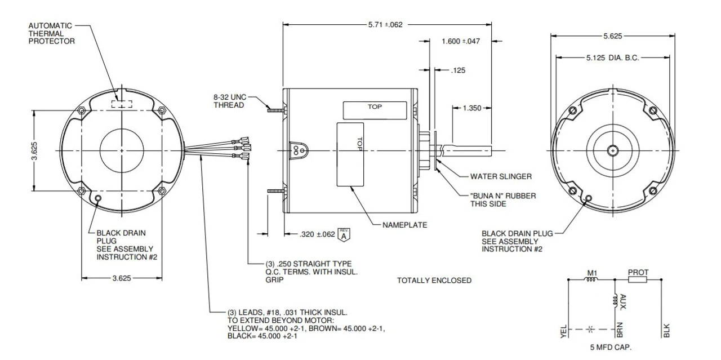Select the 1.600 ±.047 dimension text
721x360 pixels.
coord(461,41)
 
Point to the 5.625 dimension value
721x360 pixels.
coord(613,36)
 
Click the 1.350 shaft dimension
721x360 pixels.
coord(471,108)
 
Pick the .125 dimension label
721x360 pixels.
coord(459,70)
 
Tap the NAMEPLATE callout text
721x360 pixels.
coord(404,225)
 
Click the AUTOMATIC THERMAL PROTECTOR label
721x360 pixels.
coord(50,33)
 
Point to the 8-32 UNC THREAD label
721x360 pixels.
coord(225,101)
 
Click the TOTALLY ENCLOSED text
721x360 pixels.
coord(434,281)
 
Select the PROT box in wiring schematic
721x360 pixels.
coord(638,279)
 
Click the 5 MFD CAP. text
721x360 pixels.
coord(611,348)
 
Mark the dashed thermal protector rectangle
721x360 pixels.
coord(122,104)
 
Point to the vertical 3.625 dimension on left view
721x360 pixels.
coord(34,151)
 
